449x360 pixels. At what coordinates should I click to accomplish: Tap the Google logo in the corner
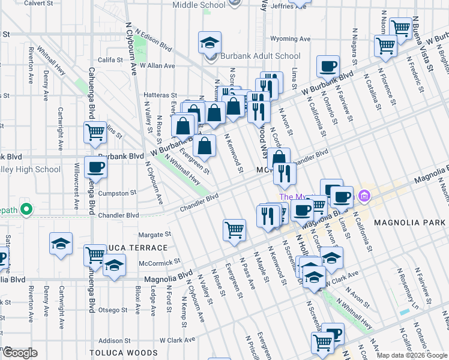click(x=20, y=353)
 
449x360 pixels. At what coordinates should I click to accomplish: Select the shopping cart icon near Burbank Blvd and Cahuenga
click(x=95, y=133)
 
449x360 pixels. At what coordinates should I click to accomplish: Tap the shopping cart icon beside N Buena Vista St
click(x=400, y=27)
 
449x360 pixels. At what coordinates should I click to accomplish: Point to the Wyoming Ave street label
click(x=291, y=38)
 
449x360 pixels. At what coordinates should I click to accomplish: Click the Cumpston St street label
click(x=118, y=193)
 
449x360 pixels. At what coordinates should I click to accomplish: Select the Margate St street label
click(x=155, y=235)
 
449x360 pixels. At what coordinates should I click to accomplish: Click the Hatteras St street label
click(x=160, y=95)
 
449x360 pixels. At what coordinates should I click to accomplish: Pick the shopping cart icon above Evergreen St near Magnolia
click(x=234, y=229)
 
